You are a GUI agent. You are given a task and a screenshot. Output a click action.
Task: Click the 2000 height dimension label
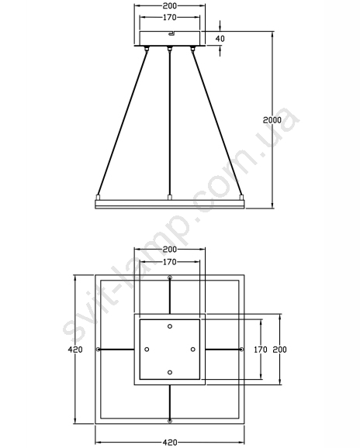(272, 120)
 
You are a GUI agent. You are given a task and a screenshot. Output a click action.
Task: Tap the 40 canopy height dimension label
(220, 38)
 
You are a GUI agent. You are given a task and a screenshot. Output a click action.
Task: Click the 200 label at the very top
(170, 5)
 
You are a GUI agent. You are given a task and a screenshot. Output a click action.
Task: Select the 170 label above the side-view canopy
(170, 17)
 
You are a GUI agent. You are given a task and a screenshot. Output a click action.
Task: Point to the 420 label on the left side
(75, 349)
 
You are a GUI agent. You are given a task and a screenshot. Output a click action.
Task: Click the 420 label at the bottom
(170, 443)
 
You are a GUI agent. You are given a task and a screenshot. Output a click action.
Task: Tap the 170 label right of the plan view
(261, 349)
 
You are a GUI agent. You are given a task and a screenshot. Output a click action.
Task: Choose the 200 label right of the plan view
(279, 349)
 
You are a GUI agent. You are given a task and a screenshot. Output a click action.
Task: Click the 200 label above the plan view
(170, 250)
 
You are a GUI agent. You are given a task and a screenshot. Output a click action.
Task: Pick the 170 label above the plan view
(170, 262)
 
